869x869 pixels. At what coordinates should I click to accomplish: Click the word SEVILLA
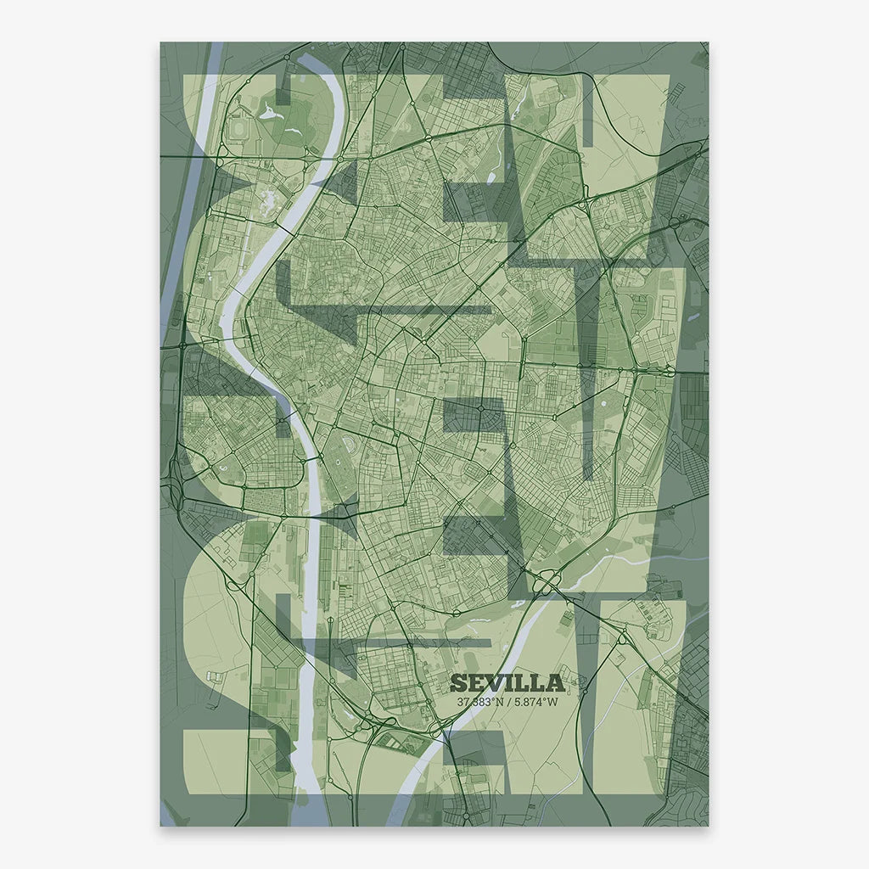point(507,682)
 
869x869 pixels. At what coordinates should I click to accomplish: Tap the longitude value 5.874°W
point(535,702)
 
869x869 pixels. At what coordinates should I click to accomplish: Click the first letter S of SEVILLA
point(457,682)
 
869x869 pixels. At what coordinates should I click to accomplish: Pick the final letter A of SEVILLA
point(556,682)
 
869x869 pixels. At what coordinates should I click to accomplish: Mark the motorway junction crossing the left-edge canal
point(182,345)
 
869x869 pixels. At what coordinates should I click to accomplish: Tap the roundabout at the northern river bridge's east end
point(340,158)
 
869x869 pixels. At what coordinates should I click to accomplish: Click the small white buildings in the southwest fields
point(215,676)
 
